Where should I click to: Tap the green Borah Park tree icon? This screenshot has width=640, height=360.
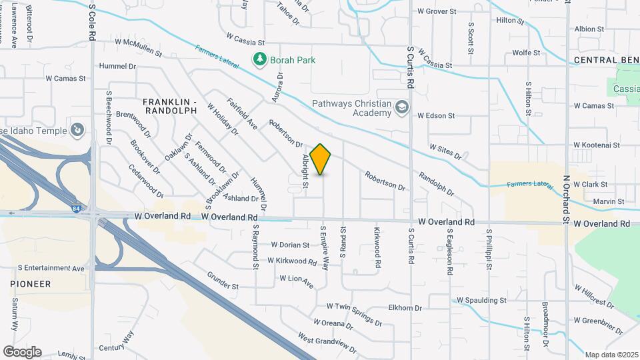(260, 60)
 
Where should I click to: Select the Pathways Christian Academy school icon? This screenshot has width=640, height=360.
(402, 107)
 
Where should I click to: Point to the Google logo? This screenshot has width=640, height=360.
(22, 352)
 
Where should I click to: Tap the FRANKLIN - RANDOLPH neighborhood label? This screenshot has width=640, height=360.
(170, 105)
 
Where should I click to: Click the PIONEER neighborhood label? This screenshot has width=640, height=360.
(31, 284)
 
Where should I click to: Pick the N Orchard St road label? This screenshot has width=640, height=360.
(565, 200)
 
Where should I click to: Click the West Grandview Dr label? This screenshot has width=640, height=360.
(327, 342)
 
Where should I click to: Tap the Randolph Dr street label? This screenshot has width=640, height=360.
(436, 183)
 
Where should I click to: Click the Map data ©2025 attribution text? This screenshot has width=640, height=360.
(611, 355)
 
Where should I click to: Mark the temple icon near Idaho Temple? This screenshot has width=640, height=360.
(78, 129)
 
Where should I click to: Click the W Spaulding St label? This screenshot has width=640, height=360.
(481, 301)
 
